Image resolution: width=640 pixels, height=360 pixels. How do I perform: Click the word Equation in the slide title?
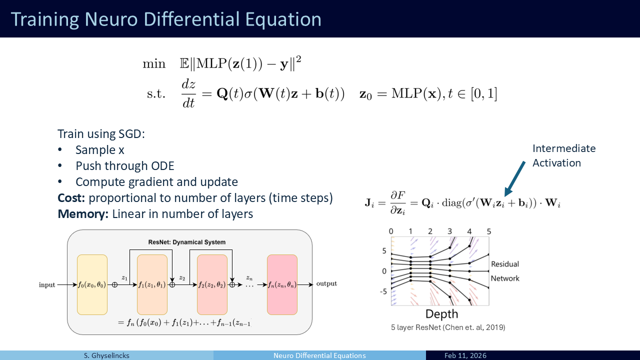pyautogui.click(x=283, y=19)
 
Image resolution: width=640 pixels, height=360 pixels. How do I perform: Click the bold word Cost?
pyautogui.click(x=71, y=197)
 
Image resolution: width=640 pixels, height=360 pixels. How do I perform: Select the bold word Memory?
pyautogui.click(x=83, y=214)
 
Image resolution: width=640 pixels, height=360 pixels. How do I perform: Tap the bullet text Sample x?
pyautogui.click(x=99, y=150)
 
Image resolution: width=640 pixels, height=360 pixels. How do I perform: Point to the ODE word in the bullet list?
pyautogui.click(x=162, y=166)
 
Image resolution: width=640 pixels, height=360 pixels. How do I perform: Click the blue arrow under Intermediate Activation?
pyautogui.click(x=514, y=179)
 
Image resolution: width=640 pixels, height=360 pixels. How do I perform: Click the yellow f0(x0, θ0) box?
pyautogui.click(x=92, y=285)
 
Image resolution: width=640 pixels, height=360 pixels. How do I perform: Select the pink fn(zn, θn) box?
pyautogui.click(x=282, y=285)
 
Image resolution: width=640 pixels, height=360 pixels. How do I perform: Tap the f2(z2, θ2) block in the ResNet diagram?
pyautogui.click(x=212, y=285)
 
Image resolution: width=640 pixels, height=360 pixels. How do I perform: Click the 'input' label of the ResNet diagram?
pyautogui.click(x=47, y=285)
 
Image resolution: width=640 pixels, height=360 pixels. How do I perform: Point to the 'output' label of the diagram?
pyautogui.click(x=326, y=283)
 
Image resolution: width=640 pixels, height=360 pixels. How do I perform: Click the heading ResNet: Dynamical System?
pyautogui.click(x=187, y=242)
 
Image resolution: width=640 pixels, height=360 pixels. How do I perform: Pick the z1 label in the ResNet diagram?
pyautogui.click(x=124, y=277)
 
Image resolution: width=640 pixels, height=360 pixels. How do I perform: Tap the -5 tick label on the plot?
pyautogui.click(x=383, y=291)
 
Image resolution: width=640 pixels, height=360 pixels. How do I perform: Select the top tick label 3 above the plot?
pyautogui.click(x=449, y=231)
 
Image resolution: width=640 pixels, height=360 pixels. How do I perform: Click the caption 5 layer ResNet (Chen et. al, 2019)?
pyautogui.click(x=448, y=327)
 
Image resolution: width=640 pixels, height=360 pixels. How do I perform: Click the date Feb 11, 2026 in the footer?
pyautogui.click(x=465, y=355)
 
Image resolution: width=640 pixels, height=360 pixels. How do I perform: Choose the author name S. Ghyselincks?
pyautogui.click(x=106, y=355)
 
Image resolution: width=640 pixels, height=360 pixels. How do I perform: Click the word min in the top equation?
pyautogui.click(x=154, y=63)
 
